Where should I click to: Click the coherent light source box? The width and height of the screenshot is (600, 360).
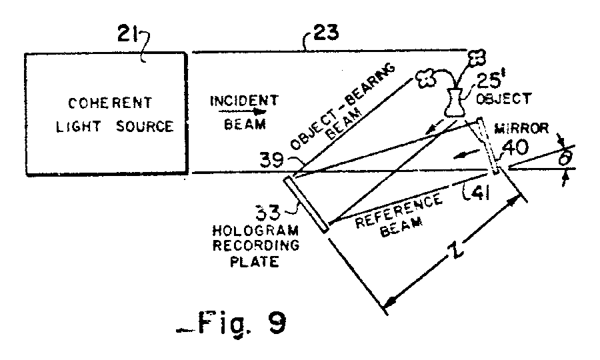(x=105, y=115)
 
